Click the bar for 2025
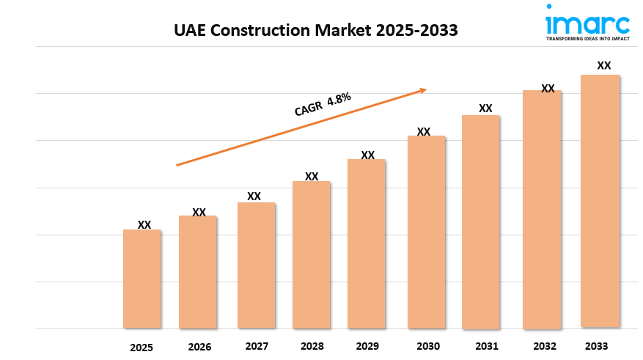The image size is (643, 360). [142, 279]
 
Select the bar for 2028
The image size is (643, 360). [311, 254]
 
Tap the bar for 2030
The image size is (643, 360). [426, 232]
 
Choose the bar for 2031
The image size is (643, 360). [480, 221]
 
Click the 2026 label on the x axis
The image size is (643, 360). [199, 347]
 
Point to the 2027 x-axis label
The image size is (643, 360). [256, 345]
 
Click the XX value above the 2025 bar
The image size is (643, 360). [144, 225]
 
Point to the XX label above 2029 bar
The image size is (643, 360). [368, 155]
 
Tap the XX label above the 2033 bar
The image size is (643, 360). [604, 65]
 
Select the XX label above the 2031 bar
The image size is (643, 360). [485, 109]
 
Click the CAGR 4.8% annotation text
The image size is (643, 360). [323, 104]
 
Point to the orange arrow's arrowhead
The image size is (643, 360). [423, 90]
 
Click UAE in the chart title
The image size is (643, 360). [189, 30]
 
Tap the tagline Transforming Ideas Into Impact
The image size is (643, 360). [587, 39]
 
